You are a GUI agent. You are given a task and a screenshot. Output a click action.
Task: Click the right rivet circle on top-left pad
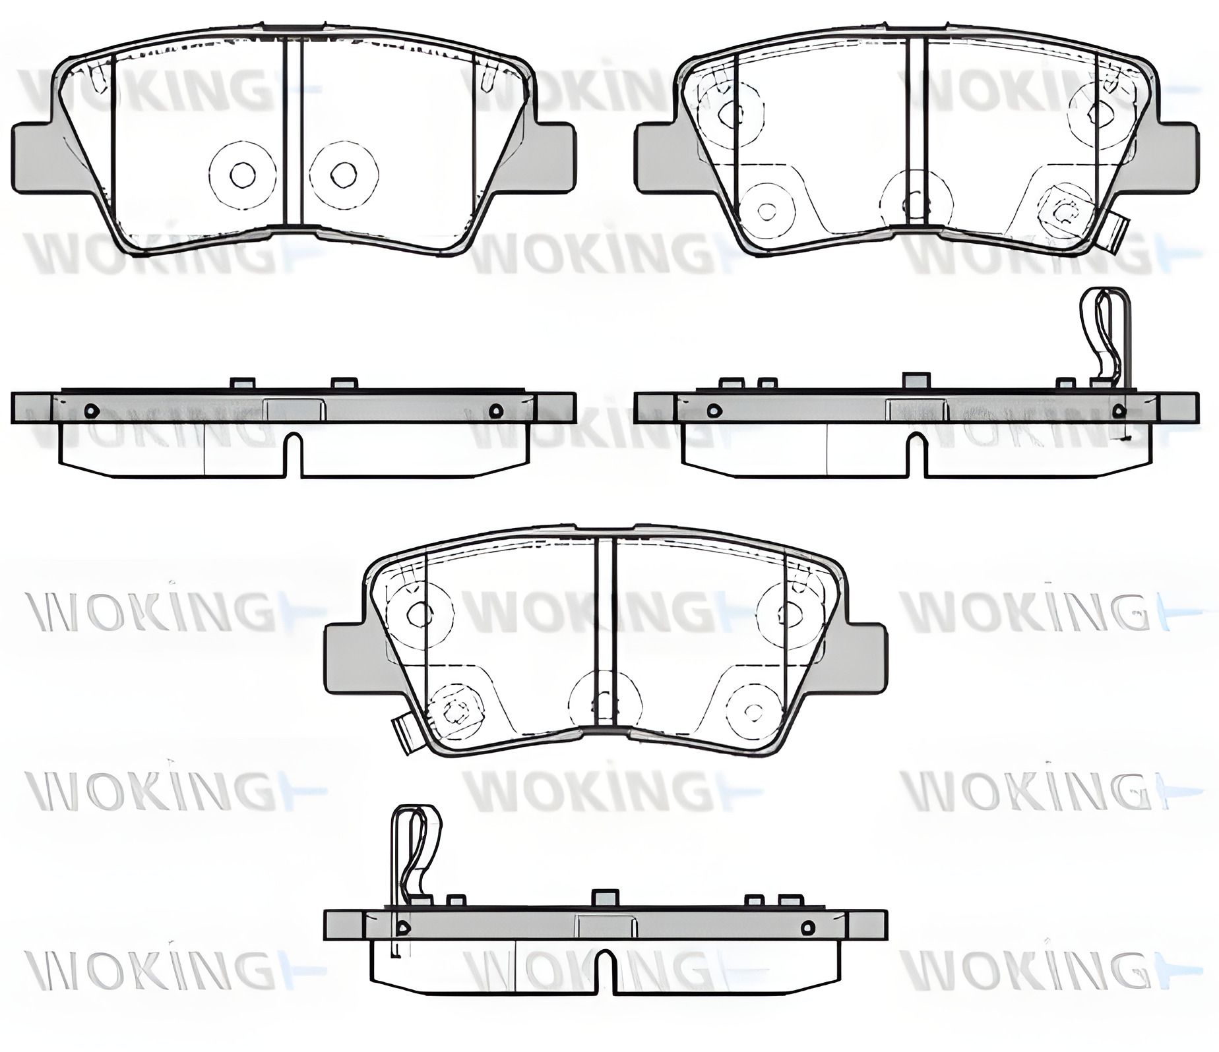coord(344,174)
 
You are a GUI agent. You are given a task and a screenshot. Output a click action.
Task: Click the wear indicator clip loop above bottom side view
coord(412,845)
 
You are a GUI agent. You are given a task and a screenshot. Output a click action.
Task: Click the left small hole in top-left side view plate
coord(91,411)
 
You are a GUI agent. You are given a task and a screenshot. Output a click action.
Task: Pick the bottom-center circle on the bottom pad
coord(605,703)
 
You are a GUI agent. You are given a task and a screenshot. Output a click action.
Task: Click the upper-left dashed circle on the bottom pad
coord(419,613)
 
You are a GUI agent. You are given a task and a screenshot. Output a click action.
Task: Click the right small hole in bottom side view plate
coord(805,927)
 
